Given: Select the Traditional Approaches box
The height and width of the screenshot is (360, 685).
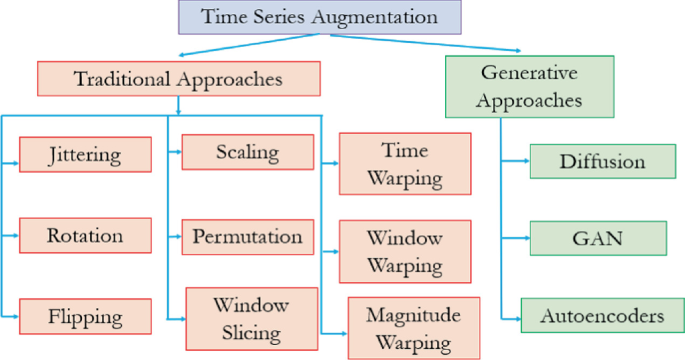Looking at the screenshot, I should (178, 78).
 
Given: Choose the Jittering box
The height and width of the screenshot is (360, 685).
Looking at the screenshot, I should (84, 155).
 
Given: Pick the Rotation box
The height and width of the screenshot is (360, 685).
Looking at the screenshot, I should (84, 236).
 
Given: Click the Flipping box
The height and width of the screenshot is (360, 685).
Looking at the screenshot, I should (84, 317).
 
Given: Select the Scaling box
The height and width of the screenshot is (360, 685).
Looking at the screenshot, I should (246, 153).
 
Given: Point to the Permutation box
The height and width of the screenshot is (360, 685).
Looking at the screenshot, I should (246, 237).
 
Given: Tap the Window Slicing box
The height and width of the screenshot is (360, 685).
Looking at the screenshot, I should (250, 317).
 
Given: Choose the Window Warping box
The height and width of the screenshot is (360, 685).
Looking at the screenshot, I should (404, 252).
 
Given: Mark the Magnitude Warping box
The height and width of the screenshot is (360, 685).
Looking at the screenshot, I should (404, 328).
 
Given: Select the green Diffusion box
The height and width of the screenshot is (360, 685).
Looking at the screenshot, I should (601, 160).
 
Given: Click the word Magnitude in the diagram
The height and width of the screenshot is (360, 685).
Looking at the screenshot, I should (404, 316).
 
